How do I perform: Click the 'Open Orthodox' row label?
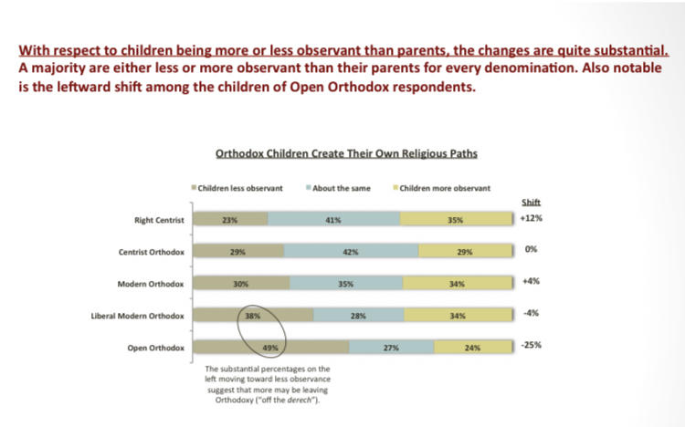click(156, 348)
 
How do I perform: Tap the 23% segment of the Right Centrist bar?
click(230, 220)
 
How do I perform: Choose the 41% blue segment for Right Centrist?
click(333, 220)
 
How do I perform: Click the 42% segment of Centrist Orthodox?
click(351, 252)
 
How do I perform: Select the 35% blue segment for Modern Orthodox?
click(345, 284)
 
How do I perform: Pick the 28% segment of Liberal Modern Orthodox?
click(357, 316)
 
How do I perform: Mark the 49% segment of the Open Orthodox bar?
click(270, 348)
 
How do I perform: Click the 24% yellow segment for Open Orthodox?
click(472, 348)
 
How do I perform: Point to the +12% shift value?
click(532, 219)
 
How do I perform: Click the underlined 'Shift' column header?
click(531, 203)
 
